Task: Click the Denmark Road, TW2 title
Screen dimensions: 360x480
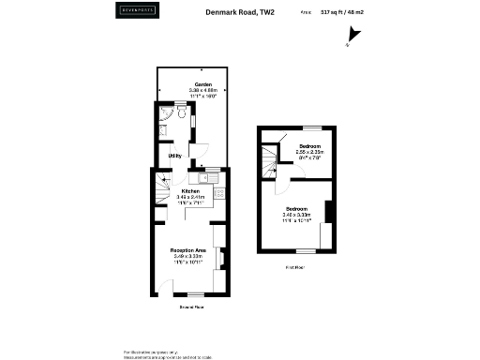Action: tap(240, 12)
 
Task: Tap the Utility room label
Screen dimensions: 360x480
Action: tap(174, 156)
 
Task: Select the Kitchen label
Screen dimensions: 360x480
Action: tap(191, 190)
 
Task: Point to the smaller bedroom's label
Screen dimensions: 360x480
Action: tap(310, 147)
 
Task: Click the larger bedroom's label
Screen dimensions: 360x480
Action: tap(296, 208)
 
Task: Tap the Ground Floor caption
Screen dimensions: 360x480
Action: tap(191, 307)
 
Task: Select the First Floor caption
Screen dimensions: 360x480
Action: tap(296, 267)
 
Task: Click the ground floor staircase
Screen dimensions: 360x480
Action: tap(161, 191)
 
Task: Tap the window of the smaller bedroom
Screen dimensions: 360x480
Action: tap(310, 127)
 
